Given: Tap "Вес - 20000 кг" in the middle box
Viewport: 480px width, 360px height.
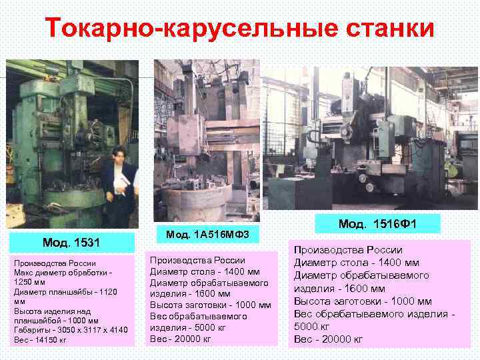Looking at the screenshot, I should coord(181,339).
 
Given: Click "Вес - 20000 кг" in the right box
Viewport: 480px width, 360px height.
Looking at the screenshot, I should coord(329,339).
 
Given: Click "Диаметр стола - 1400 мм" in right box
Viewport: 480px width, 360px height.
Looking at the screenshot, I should coord(357,262).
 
